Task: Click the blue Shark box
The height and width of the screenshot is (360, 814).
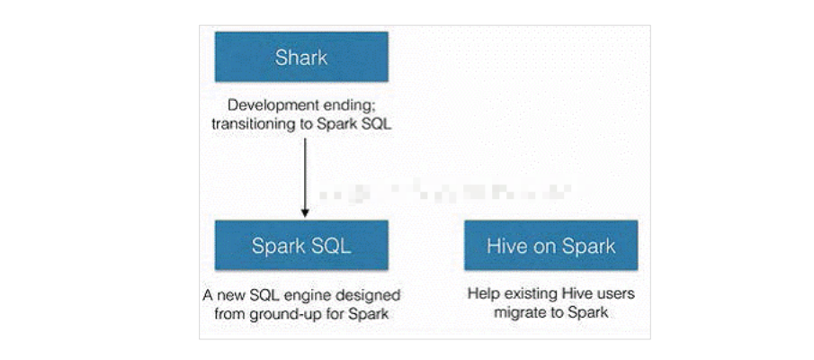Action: click(x=301, y=58)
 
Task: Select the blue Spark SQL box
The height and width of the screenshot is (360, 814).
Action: click(x=301, y=245)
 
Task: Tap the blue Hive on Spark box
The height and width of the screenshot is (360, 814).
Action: click(x=550, y=245)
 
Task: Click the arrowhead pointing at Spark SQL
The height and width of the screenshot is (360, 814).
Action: click(x=305, y=213)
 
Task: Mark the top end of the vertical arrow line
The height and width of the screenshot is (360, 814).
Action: click(x=305, y=137)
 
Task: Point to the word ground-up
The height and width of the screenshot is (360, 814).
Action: click(x=285, y=313)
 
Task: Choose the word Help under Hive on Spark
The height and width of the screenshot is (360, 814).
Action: click(x=482, y=294)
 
